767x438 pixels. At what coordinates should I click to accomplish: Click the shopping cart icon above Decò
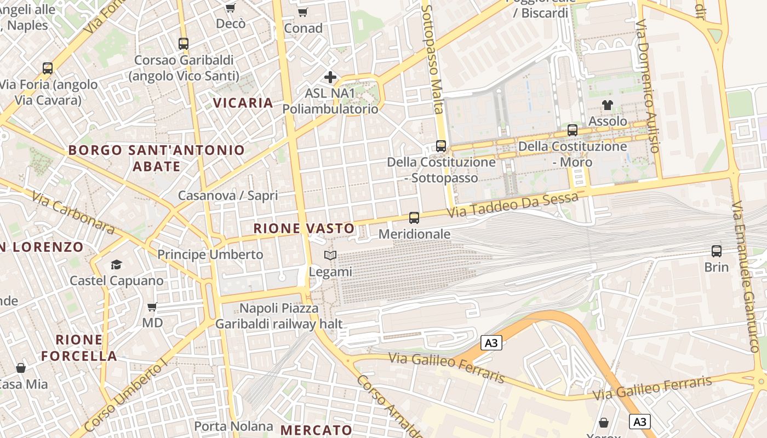coord(231,8)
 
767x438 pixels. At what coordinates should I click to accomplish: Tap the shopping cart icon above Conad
coord(302,11)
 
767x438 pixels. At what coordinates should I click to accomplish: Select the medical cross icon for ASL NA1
coord(330,77)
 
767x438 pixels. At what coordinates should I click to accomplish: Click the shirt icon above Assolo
coord(607,105)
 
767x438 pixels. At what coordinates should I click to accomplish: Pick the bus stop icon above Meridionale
coord(414,218)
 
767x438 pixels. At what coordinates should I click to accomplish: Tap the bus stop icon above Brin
coord(716,251)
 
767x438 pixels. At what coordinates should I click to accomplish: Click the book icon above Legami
coord(330,255)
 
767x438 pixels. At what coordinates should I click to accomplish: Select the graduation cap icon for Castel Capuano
coord(116,265)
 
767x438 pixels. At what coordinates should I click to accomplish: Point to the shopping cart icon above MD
coord(152,307)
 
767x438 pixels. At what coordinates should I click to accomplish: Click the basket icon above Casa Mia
coord(21,367)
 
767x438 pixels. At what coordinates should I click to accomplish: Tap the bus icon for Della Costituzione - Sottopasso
coord(441,146)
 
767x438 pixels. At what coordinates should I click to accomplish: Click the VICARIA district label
coord(243,103)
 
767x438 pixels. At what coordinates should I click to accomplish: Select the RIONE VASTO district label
coord(304,229)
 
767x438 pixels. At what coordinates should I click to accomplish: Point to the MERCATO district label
coord(316,430)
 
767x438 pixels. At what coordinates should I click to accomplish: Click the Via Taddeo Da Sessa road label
coord(512,205)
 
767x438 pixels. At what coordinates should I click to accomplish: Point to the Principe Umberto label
coord(210,255)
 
